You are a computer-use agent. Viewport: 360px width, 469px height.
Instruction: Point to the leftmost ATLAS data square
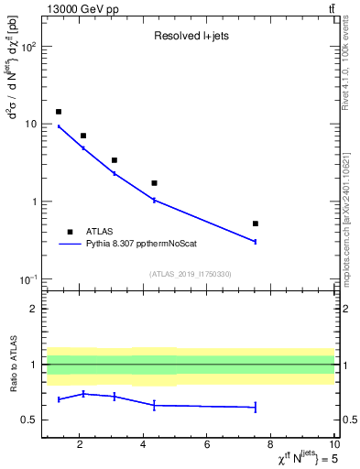click(59, 112)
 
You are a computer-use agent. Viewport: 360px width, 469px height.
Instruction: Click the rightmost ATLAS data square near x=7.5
click(256, 224)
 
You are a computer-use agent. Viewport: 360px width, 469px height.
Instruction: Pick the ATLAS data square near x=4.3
click(154, 183)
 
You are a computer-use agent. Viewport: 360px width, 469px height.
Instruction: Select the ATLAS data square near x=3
click(115, 160)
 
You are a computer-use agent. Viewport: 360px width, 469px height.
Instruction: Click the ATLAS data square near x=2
click(83, 136)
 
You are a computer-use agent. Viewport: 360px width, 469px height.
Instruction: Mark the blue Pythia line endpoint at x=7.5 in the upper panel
click(256, 241)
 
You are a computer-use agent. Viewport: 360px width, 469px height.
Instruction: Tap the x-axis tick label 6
click(208, 445)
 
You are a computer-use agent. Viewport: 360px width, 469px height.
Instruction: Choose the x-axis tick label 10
click(333, 445)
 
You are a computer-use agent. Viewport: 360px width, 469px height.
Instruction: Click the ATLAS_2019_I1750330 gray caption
click(190, 274)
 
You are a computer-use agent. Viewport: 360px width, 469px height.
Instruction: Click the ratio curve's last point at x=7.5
click(256, 407)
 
